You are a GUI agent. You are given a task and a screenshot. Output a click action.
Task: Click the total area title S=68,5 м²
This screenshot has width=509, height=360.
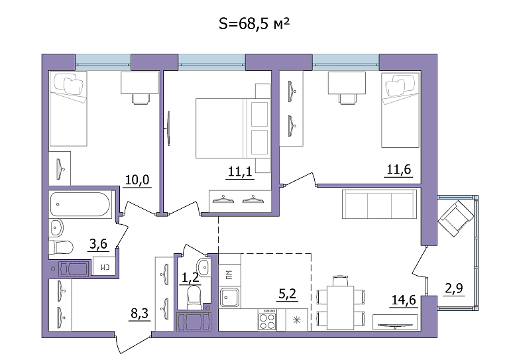tap(254, 24)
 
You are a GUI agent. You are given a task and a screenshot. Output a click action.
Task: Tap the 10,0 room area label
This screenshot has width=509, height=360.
tap(137, 180)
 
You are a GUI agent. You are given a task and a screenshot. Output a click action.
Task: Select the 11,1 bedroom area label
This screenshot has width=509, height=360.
tap(240, 172)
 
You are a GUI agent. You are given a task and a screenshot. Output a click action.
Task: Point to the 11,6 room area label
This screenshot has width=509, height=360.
tap(398, 170)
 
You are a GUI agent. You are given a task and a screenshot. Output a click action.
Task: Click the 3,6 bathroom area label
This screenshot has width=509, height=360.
tap(98, 243)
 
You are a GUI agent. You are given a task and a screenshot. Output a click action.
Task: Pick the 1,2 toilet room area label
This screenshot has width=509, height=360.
tap(190, 278)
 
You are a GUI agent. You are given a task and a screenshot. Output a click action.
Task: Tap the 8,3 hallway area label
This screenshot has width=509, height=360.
tap(140, 314)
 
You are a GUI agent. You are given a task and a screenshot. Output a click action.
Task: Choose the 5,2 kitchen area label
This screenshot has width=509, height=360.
tap(288, 294)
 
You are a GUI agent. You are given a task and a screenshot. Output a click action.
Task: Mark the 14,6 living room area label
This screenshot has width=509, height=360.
tap(404, 300)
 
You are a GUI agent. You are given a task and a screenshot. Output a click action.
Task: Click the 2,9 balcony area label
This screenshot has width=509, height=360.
tap(454, 288)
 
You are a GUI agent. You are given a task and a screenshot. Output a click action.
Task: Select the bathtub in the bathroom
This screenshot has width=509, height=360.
tap(80, 204)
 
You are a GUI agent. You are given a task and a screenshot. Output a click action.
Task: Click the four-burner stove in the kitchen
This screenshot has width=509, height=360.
tap(268, 320)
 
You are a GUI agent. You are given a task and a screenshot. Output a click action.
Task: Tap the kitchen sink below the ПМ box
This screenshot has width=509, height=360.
tap(229, 298)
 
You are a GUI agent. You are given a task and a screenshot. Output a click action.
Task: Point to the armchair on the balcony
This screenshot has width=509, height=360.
tap(455, 218)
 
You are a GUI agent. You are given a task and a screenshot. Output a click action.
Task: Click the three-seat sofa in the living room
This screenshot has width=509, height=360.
tap(379, 204)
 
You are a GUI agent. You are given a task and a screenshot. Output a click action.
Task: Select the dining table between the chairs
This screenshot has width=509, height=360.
tap(340, 308)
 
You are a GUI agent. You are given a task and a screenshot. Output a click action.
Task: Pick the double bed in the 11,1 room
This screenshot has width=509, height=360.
tap(233, 129)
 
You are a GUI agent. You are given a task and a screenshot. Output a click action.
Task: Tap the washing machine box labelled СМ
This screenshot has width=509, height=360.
tap(104, 267)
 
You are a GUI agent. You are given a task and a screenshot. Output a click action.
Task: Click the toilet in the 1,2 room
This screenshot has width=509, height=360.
tap(194, 297)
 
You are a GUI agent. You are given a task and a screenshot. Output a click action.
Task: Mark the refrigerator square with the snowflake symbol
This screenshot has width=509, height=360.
tap(297, 320)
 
